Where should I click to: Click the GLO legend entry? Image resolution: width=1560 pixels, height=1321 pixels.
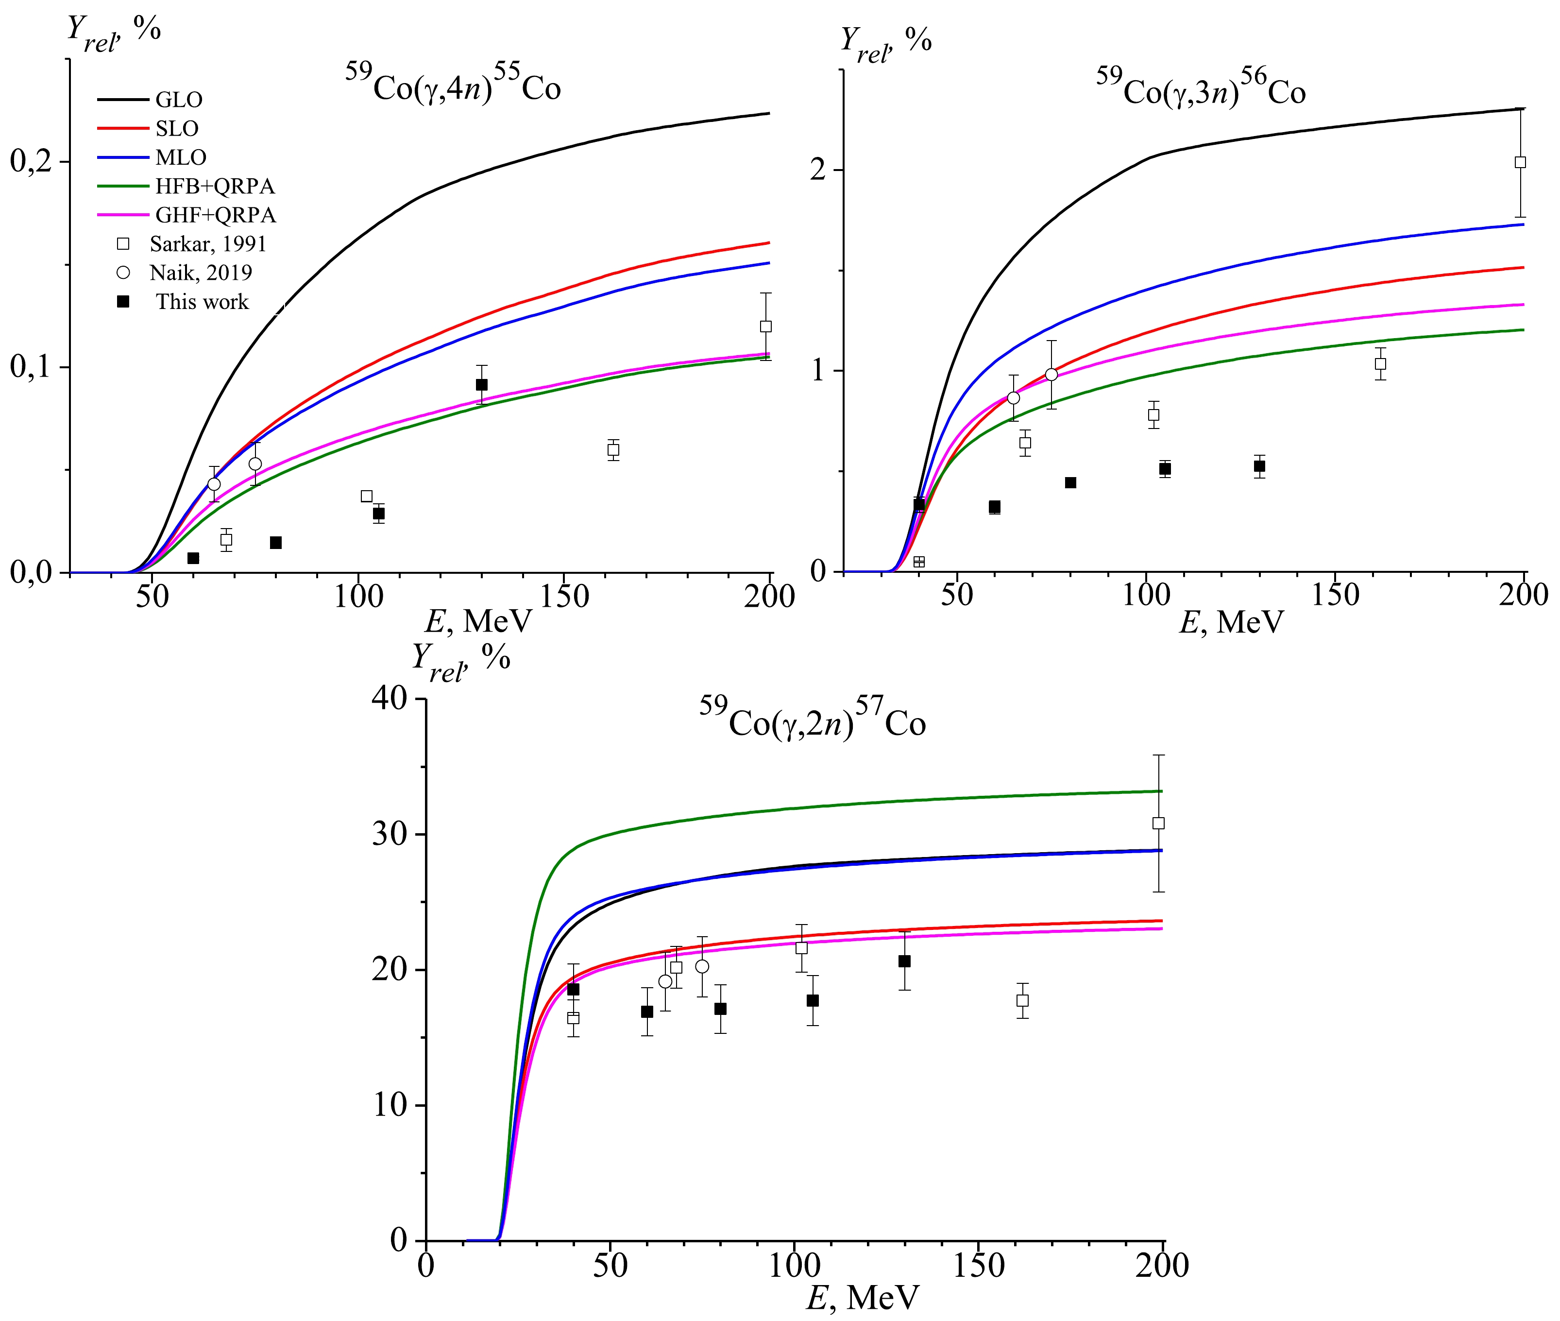coord(178,100)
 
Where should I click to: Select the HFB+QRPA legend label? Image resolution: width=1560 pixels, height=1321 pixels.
coord(215,187)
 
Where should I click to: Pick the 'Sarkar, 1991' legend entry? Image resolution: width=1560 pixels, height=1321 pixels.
coord(207,244)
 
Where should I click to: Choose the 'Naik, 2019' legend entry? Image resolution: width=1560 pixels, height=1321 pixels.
coord(201,273)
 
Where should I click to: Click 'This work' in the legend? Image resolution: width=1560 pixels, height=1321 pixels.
coord(202,302)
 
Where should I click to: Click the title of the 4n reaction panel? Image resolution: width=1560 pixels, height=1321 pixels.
coord(453,85)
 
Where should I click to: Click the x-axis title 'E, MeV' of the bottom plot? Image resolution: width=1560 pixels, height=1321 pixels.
coord(863,1298)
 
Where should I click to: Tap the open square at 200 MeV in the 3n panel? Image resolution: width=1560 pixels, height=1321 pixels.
coord(1520,162)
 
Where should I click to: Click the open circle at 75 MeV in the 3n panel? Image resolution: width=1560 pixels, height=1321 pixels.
coord(1051,375)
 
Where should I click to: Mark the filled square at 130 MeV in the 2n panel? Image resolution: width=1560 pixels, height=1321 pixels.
coord(904,961)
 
